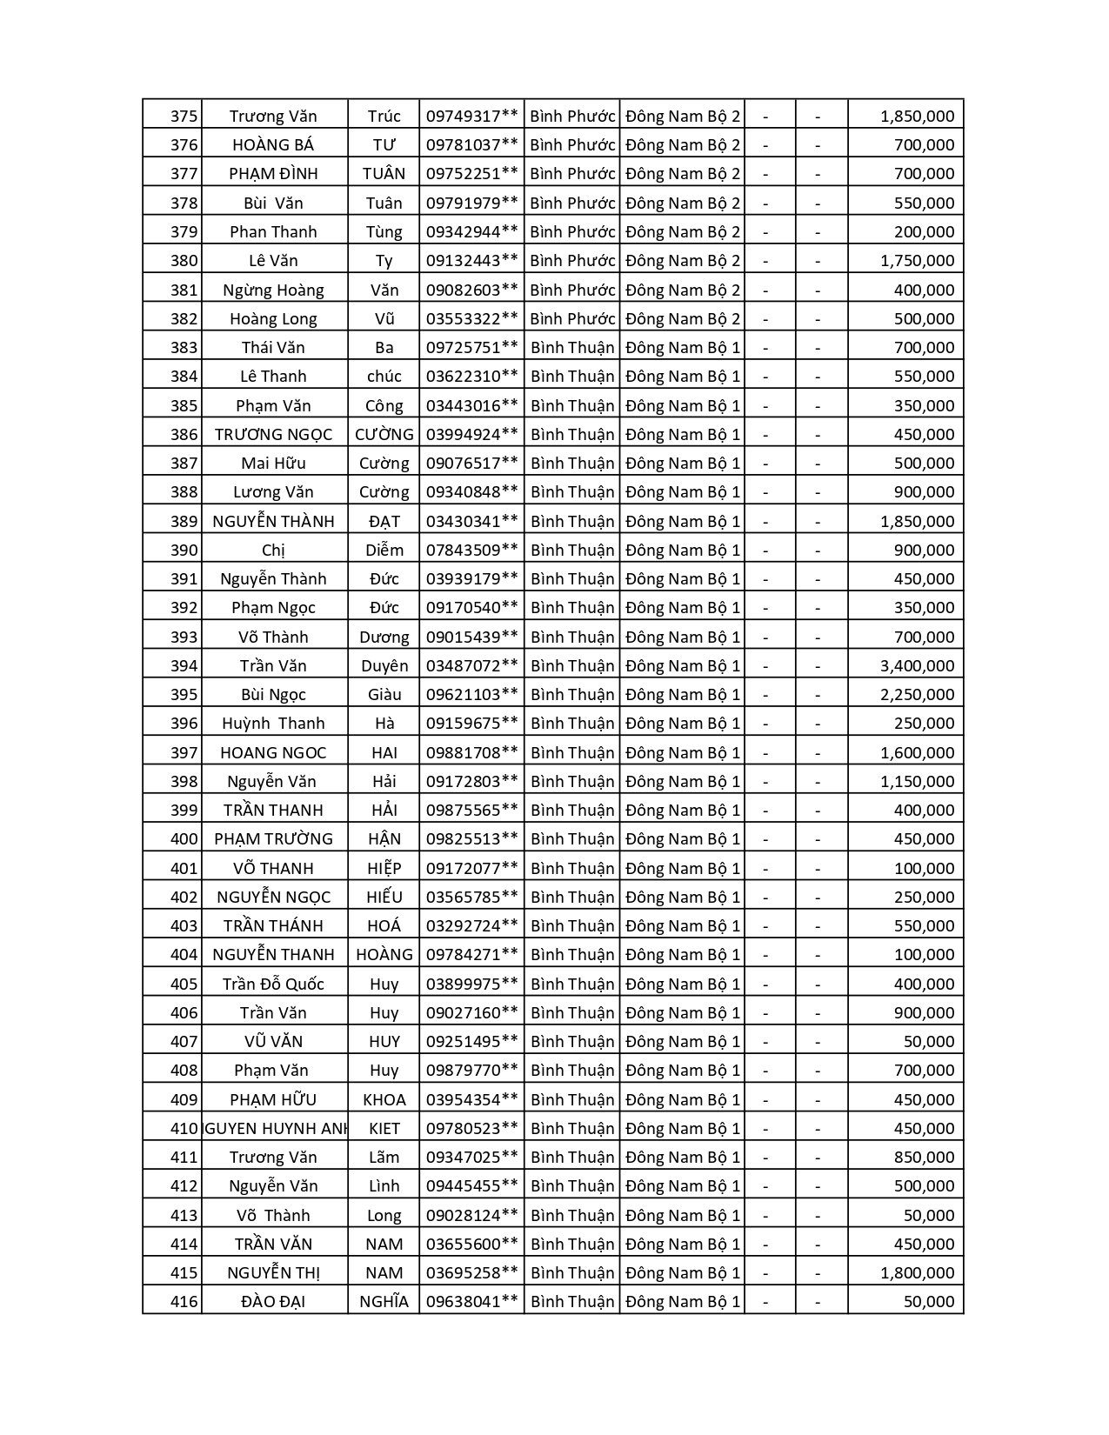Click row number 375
pos(184,117)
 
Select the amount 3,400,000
pos(917,666)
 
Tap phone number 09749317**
pos(471,117)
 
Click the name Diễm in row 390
pos(384,551)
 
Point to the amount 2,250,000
pos(917,695)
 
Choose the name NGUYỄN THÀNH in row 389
pos(273,522)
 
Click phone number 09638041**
pos(471,1302)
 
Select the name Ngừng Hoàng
pos(273,290)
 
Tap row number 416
pos(184,1302)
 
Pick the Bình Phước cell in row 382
pos(572,319)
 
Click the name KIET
pos(384,1129)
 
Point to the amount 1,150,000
pos(917,782)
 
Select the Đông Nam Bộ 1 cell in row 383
pos(682,348)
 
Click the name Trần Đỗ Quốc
pos(273,984)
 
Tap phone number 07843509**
pos(471,551)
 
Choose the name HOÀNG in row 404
pos(384,955)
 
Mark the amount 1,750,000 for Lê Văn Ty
pos(917,261)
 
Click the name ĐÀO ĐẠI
pos(273,1302)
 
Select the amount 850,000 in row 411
pos(924,1158)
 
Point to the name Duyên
pos(384,666)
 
